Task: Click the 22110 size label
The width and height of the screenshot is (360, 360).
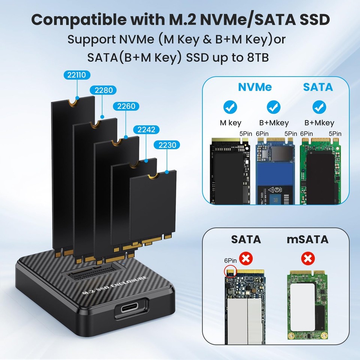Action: [77, 75]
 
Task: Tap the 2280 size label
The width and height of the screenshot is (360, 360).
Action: [103, 90]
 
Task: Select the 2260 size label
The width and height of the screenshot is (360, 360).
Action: [126, 106]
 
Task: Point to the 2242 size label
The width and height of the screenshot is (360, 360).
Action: [146, 130]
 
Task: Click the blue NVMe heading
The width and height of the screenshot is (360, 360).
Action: [255, 87]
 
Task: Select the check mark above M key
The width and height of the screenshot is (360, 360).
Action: [230, 107]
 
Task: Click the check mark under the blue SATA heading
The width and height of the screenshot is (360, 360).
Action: [319, 107]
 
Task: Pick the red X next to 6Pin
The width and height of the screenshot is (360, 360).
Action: [247, 258]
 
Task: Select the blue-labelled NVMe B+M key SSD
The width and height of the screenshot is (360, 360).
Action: [274, 171]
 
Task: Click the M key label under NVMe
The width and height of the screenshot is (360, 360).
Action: [230, 123]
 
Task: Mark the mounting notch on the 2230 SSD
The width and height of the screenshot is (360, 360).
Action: [152, 175]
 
